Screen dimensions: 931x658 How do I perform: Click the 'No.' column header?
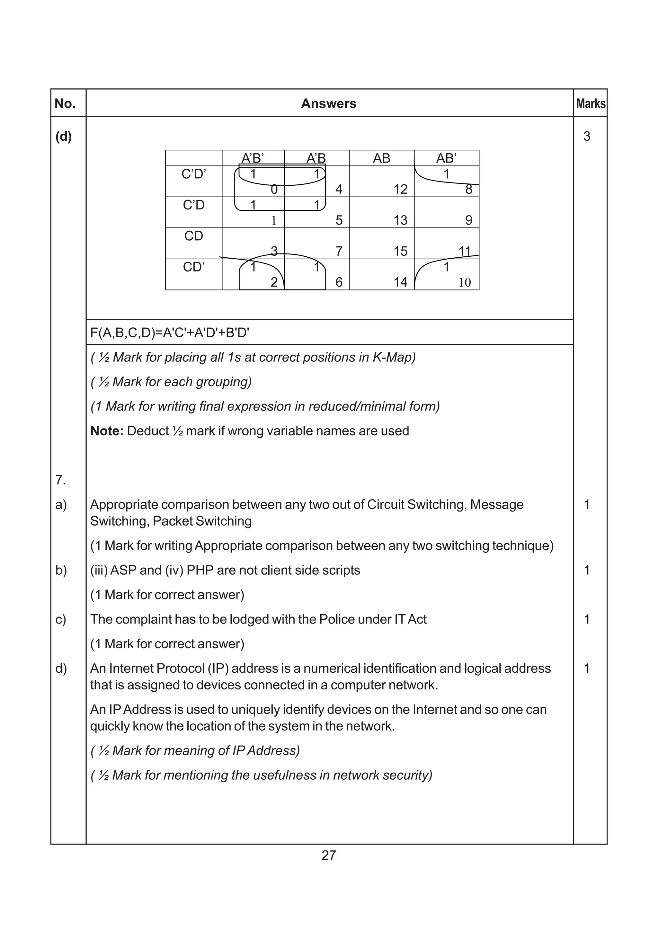(65, 104)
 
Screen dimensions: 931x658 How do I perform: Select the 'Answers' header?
(328, 104)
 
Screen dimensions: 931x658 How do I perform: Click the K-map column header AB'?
(446, 158)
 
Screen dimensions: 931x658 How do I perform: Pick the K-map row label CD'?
(194, 267)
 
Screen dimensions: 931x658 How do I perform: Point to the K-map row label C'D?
(194, 205)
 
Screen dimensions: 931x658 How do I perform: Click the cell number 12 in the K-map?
(400, 189)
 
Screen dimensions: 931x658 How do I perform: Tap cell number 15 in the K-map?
(400, 252)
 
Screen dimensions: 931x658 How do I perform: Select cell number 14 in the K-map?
(400, 282)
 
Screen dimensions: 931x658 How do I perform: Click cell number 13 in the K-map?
(400, 220)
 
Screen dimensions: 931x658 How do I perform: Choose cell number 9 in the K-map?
(469, 220)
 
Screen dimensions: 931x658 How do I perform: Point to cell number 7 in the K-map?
(339, 252)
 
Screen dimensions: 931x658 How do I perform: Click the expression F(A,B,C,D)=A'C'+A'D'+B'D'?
(169, 333)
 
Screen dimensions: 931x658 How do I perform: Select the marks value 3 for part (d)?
(587, 136)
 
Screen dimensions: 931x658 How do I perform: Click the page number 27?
(328, 855)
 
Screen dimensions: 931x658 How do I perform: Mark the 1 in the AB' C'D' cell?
(446, 174)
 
